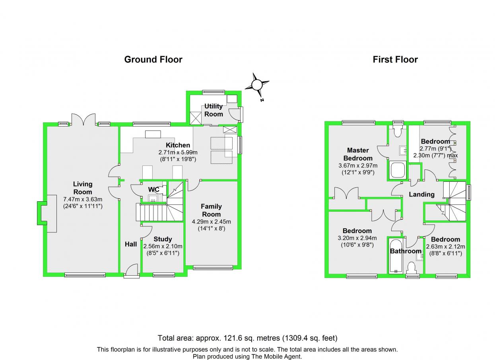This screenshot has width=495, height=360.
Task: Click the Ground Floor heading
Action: [x=153, y=60]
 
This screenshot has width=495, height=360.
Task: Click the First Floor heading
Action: [x=395, y=60]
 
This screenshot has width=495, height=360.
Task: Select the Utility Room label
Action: [x=214, y=110]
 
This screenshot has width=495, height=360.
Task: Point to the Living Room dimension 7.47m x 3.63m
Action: [x=83, y=199]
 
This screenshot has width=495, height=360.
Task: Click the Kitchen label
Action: [x=178, y=145]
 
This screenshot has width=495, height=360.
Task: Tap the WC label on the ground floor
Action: [x=153, y=189]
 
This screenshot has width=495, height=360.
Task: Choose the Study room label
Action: [x=163, y=239]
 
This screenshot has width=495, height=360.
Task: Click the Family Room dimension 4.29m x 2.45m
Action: [x=211, y=221]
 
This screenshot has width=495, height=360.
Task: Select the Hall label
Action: [x=131, y=244]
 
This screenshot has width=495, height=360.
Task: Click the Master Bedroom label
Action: [x=358, y=154]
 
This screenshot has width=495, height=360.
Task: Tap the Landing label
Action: [x=421, y=195]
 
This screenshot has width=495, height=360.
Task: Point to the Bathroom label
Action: [x=406, y=251]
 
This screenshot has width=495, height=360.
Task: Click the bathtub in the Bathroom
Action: [x=396, y=256]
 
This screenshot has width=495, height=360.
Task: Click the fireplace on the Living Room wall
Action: [x=47, y=213]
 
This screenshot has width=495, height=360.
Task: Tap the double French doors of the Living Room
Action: [x=83, y=119]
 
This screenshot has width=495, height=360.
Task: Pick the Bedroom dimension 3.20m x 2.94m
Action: [x=357, y=238]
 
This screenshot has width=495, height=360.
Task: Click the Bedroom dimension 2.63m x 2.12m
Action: [x=445, y=246]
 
